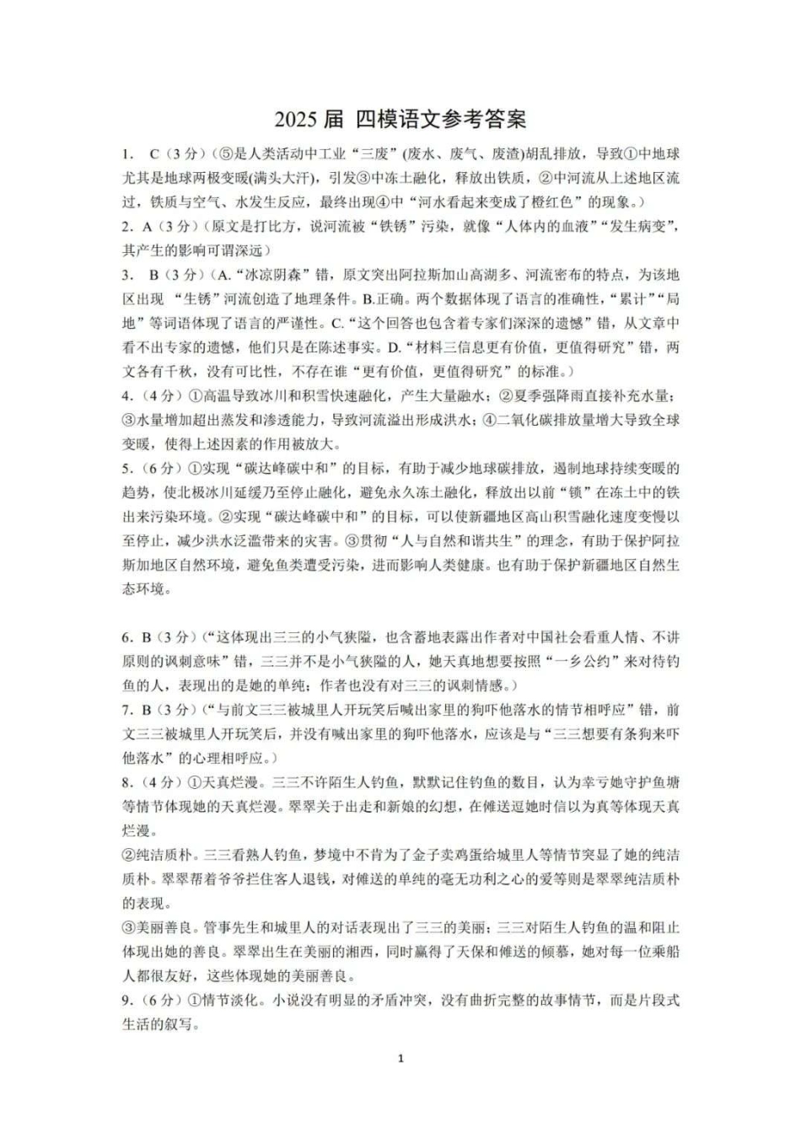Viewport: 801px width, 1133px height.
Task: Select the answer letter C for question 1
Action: tap(154, 154)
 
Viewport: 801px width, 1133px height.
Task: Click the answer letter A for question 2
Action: tap(147, 227)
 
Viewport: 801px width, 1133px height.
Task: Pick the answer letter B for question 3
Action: tap(154, 275)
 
